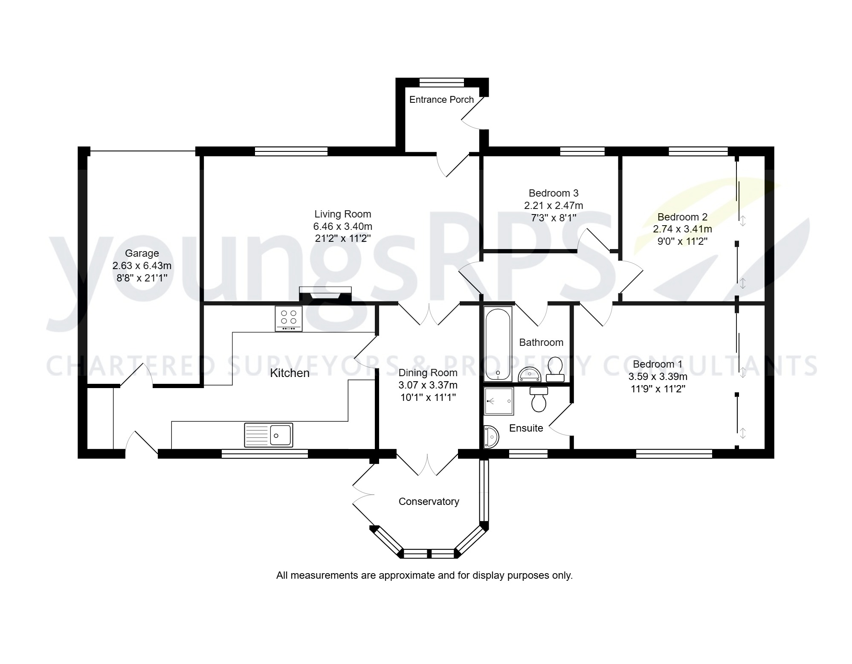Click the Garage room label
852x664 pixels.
[x=142, y=253]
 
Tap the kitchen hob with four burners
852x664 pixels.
[x=289, y=318]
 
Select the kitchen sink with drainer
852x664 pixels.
[x=269, y=435]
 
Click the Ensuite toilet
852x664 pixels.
[x=539, y=399]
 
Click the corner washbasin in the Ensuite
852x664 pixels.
[x=491, y=437]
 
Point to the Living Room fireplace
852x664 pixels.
[x=325, y=294]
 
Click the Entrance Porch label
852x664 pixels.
[x=441, y=100]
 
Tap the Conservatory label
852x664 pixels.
[x=429, y=502]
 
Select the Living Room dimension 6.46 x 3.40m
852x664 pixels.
[x=342, y=226]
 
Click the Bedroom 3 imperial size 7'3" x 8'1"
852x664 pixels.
[x=554, y=217]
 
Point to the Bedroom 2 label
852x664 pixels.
[x=682, y=217]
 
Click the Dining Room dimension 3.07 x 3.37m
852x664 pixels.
[x=428, y=385]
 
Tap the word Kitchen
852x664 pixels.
[x=290, y=373]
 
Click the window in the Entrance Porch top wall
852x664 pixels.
[x=441, y=82]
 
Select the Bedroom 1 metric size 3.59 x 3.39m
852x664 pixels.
[x=658, y=377]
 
